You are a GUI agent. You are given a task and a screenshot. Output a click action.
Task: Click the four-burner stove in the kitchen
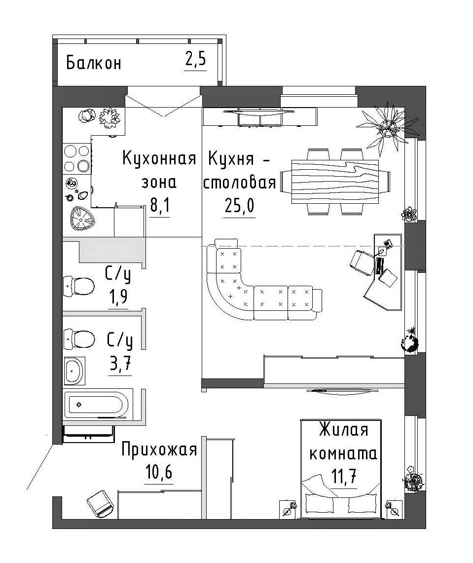coord(76,158)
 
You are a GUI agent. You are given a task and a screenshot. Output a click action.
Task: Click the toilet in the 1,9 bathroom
coord(79,285)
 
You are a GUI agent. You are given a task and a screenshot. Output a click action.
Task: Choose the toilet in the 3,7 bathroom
coord(79,338)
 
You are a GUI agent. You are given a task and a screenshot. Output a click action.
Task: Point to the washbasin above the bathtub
coord(74,370)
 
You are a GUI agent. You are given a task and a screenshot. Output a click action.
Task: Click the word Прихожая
coord(159,450)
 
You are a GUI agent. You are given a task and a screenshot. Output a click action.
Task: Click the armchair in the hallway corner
coord(102,503)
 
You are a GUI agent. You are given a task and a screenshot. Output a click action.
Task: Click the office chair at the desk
coord(363,262)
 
